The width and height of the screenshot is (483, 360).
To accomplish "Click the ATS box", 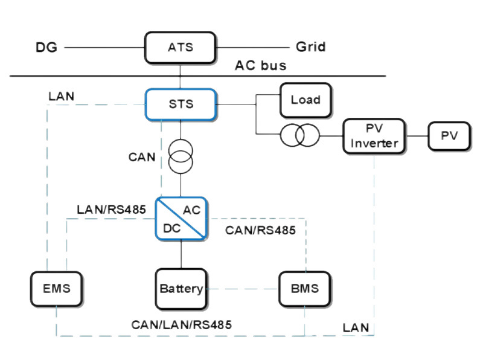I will point(181,47).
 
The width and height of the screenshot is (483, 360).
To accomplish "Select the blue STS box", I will point(181,104).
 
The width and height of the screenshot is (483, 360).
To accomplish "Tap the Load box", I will point(305,100).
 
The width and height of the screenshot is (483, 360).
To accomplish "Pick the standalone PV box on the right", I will point(449,136).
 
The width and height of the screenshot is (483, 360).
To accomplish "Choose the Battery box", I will point(181,288).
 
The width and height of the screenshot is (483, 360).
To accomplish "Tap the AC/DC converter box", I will point(181,219).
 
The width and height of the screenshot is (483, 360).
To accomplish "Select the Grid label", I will point(311,47).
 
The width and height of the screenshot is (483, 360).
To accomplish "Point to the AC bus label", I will point(261,65).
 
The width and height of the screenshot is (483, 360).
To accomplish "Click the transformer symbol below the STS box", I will point(181,156).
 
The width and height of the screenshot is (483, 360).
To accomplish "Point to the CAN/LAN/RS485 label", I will point(181,324).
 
